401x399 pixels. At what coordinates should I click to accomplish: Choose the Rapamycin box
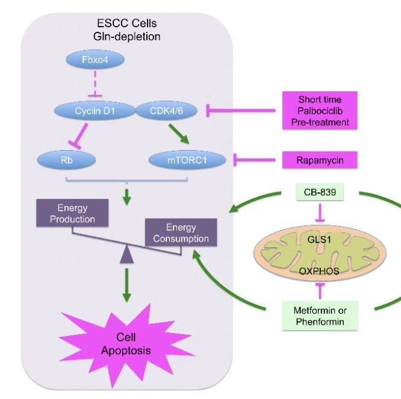coord(319,159)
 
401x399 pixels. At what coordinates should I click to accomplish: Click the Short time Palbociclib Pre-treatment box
coord(319,110)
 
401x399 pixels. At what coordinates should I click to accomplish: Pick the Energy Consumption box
coord(181,233)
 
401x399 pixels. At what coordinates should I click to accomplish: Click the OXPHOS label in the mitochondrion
coord(319,271)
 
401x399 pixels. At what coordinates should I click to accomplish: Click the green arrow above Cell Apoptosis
coord(126,284)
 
